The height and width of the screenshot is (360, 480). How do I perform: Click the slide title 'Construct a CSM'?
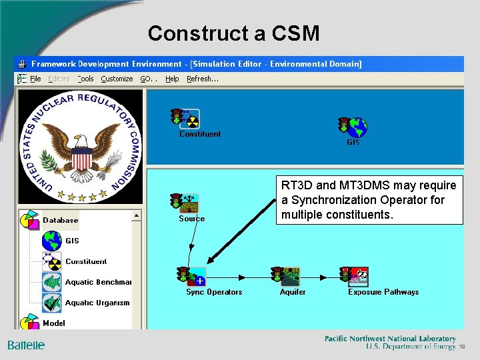coord(233,33)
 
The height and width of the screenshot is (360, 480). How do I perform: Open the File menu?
coord(35,79)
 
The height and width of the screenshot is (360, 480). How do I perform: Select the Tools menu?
coord(85,79)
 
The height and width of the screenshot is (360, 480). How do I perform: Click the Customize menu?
coord(117,79)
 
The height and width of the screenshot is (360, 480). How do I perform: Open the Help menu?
coord(172,79)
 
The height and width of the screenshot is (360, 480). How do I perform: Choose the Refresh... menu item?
coord(203,79)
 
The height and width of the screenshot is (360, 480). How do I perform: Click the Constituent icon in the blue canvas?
coord(186,119)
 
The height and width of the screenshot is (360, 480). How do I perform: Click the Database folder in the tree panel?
coord(60,220)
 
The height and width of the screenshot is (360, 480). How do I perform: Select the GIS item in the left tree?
coord(71,241)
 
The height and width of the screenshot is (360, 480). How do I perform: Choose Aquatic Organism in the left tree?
coord(97,303)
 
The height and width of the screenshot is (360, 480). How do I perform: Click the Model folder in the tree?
coord(53,323)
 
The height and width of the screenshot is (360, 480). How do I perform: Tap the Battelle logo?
coord(26,345)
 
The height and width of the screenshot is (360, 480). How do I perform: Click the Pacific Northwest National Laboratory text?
coord(390,339)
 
